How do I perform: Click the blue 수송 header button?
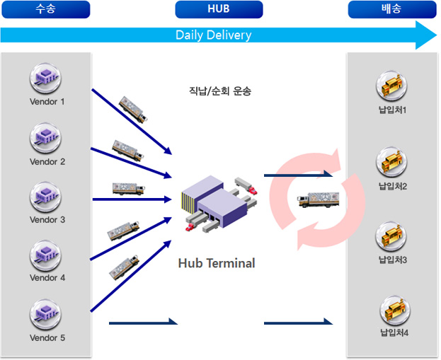(x=46, y=9)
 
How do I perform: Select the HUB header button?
(x=219, y=9)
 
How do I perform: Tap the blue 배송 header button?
(x=392, y=9)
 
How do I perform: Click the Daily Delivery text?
(x=214, y=35)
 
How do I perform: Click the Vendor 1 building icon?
(x=45, y=78)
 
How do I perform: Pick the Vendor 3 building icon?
(x=45, y=197)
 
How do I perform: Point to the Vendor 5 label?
(x=47, y=337)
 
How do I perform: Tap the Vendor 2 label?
(x=47, y=161)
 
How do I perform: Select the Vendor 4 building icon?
(x=45, y=256)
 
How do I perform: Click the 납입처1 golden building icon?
(x=391, y=86)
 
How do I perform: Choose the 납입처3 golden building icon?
(x=391, y=237)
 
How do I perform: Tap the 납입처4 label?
(x=394, y=332)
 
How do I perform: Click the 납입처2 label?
(x=393, y=186)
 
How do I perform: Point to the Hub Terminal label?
(x=217, y=263)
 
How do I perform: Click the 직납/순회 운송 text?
(x=220, y=91)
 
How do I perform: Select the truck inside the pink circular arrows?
(x=318, y=199)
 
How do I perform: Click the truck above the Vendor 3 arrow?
(x=129, y=189)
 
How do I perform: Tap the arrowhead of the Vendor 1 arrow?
(x=168, y=151)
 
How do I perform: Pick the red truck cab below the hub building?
(x=190, y=227)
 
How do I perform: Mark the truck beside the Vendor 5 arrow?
(x=124, y=267)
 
